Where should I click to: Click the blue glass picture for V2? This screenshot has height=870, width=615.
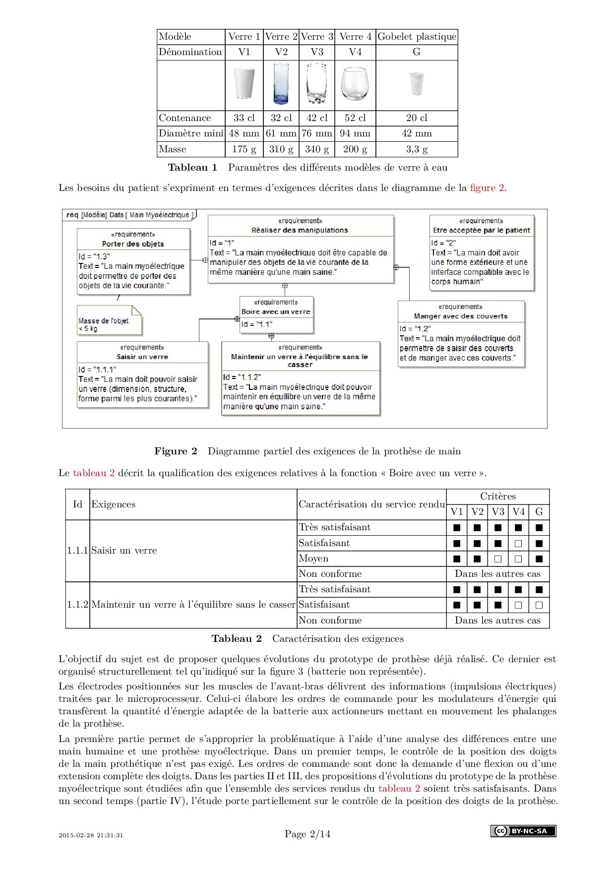click(281, 85)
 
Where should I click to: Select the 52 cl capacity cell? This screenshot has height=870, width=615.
click(355, 118)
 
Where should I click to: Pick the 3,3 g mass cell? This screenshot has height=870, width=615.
click(417, 149)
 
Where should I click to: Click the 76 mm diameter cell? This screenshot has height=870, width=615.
click(317, 133)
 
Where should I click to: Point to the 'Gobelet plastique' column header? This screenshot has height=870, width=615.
click(417, 37)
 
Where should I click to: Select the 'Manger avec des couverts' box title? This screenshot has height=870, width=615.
click(461, 316)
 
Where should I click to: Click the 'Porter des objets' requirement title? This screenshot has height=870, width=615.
click(133, 244)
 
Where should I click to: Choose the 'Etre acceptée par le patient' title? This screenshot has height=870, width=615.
click(482, 230)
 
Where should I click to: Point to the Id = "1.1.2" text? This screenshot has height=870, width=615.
click(242, 377)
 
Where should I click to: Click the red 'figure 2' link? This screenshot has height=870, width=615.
click(487, 188)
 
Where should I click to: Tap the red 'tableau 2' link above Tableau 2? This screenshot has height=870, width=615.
click(94, 473)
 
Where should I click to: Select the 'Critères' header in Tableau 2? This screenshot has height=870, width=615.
click(497, 497)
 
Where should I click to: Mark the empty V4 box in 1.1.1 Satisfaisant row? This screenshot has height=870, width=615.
click(518, 543)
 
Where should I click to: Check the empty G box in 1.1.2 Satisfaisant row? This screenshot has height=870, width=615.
click(539, 605)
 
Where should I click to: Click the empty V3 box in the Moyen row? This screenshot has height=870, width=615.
click(498, 559)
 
